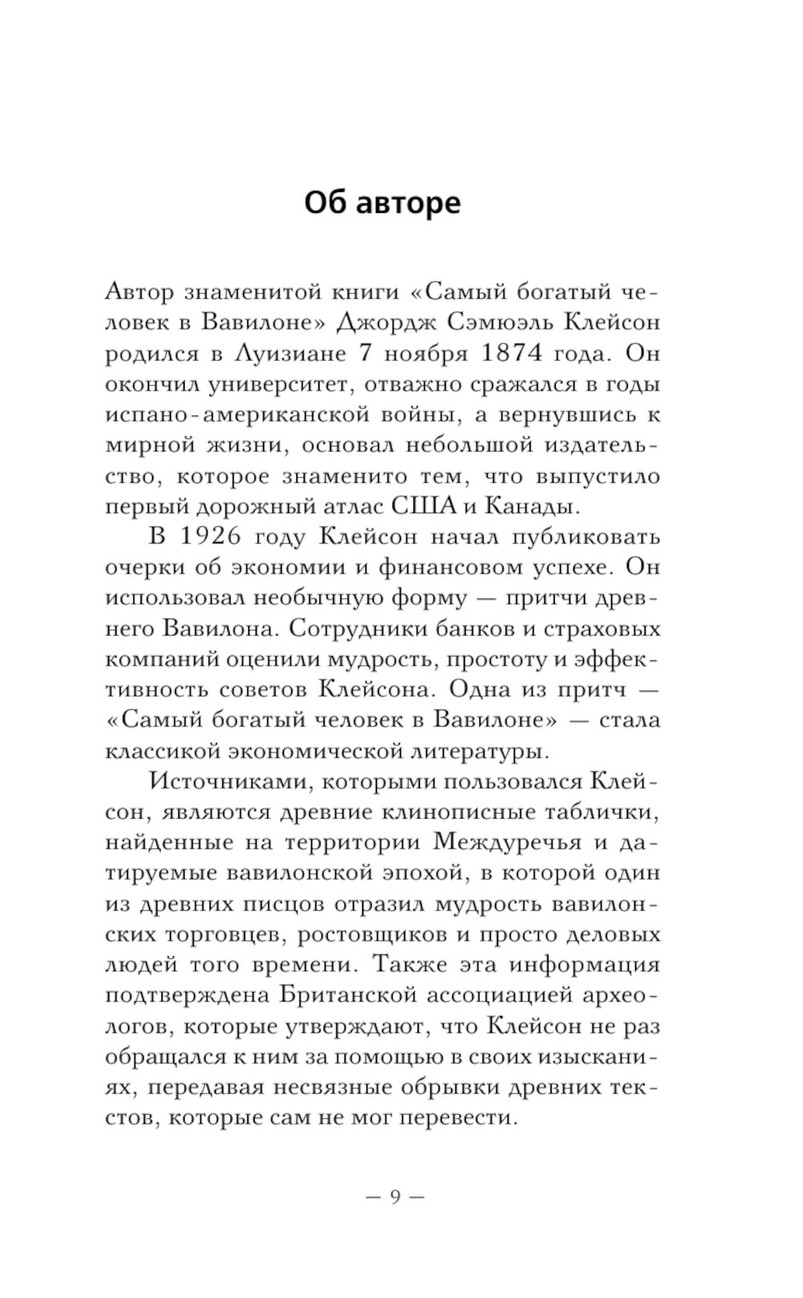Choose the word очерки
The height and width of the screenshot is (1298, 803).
[x=145, y=568]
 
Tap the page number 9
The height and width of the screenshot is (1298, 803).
[x=393, y=1197]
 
